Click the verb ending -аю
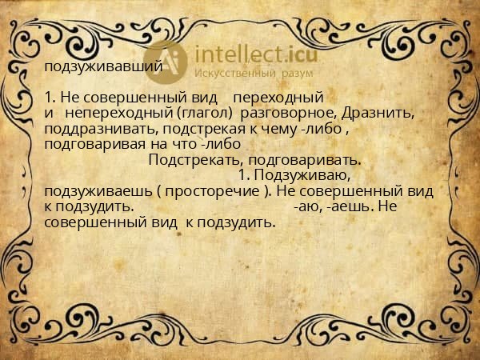[305, 206]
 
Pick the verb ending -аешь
[346, 206]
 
